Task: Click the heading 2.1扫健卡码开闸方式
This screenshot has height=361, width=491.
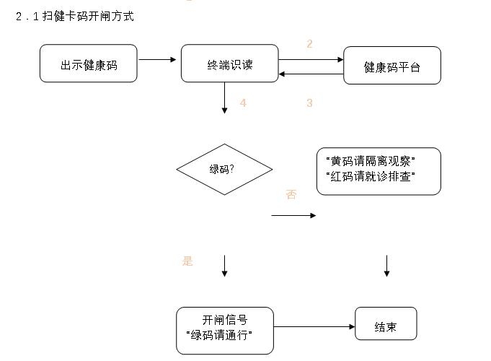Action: tap(75, 17)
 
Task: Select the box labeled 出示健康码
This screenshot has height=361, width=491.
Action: tap(89, 64)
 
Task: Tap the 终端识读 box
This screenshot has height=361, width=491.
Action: tap(229, 64)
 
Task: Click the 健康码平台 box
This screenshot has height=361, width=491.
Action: tap(392, 66)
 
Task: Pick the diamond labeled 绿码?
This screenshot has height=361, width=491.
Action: tap(224, 170)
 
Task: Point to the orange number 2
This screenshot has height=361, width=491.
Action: tap(309, 44)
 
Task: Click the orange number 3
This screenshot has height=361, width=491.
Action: tap(309, 103)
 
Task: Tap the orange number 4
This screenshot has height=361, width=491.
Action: tap(243, 103)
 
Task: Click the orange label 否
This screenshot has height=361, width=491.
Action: tap(291, 195)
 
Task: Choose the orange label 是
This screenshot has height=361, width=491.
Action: tap(187, 261)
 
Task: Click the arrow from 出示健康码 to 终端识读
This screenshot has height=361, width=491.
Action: tap(157, 60)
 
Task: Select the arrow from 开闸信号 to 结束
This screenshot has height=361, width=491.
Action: tap(314, 327)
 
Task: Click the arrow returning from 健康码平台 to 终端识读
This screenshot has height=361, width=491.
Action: tap(311, 74)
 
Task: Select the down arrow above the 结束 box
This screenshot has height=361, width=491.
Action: tap(386, 266)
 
